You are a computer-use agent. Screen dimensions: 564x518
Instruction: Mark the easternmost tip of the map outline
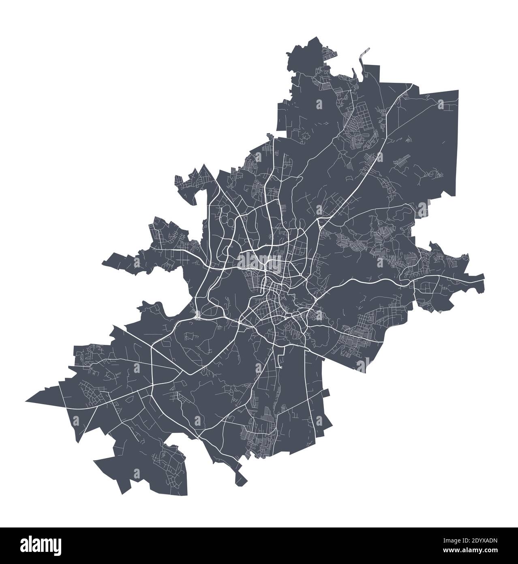(484, 280)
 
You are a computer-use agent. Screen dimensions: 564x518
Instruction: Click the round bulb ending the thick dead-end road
(280, 368)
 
